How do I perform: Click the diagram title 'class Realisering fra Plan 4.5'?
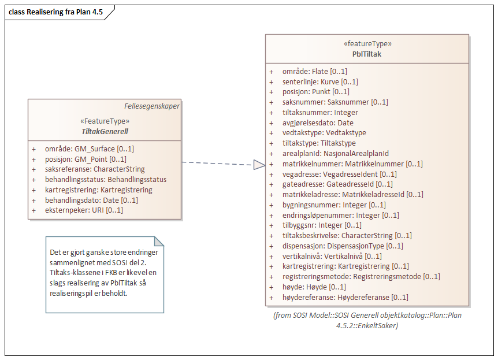coord(56,12)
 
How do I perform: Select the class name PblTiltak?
coord(366,54)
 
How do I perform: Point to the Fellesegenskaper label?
coord(151,106)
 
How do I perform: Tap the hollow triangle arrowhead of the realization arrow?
coord(259,165)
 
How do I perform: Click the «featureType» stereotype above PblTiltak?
coord(366,43)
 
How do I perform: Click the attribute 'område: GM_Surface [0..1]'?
coord(89,149)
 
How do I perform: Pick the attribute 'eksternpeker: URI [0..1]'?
coord(84,210)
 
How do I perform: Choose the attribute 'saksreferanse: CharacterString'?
coord(94,169)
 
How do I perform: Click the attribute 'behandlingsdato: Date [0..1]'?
coord(91,200)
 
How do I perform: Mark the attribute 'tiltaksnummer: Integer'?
coord(320,113)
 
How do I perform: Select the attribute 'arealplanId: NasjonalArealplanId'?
coord(335,153)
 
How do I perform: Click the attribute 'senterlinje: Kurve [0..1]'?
coord(320,82)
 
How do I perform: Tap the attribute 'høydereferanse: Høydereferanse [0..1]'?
coord(345,298)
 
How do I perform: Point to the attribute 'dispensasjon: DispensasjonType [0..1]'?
coord(343,246)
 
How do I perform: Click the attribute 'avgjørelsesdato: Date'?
coord(318,123)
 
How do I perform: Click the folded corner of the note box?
coord(158,241)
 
